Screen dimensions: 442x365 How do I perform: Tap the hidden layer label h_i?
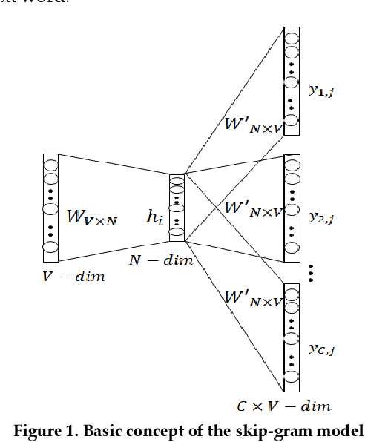click(x=154, y=217)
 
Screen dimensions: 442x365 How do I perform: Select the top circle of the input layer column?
click(x=51, y=163)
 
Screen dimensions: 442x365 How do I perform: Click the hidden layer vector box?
click(x=177, y=208)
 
